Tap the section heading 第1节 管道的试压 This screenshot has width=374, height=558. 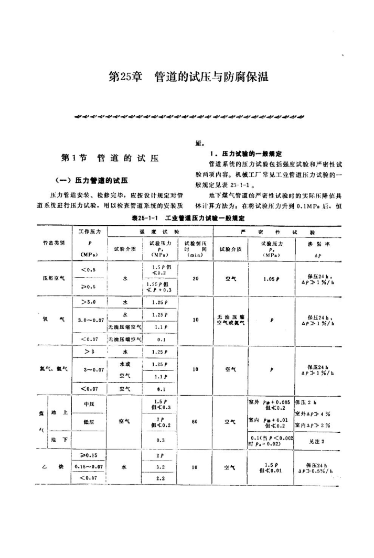109,158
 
